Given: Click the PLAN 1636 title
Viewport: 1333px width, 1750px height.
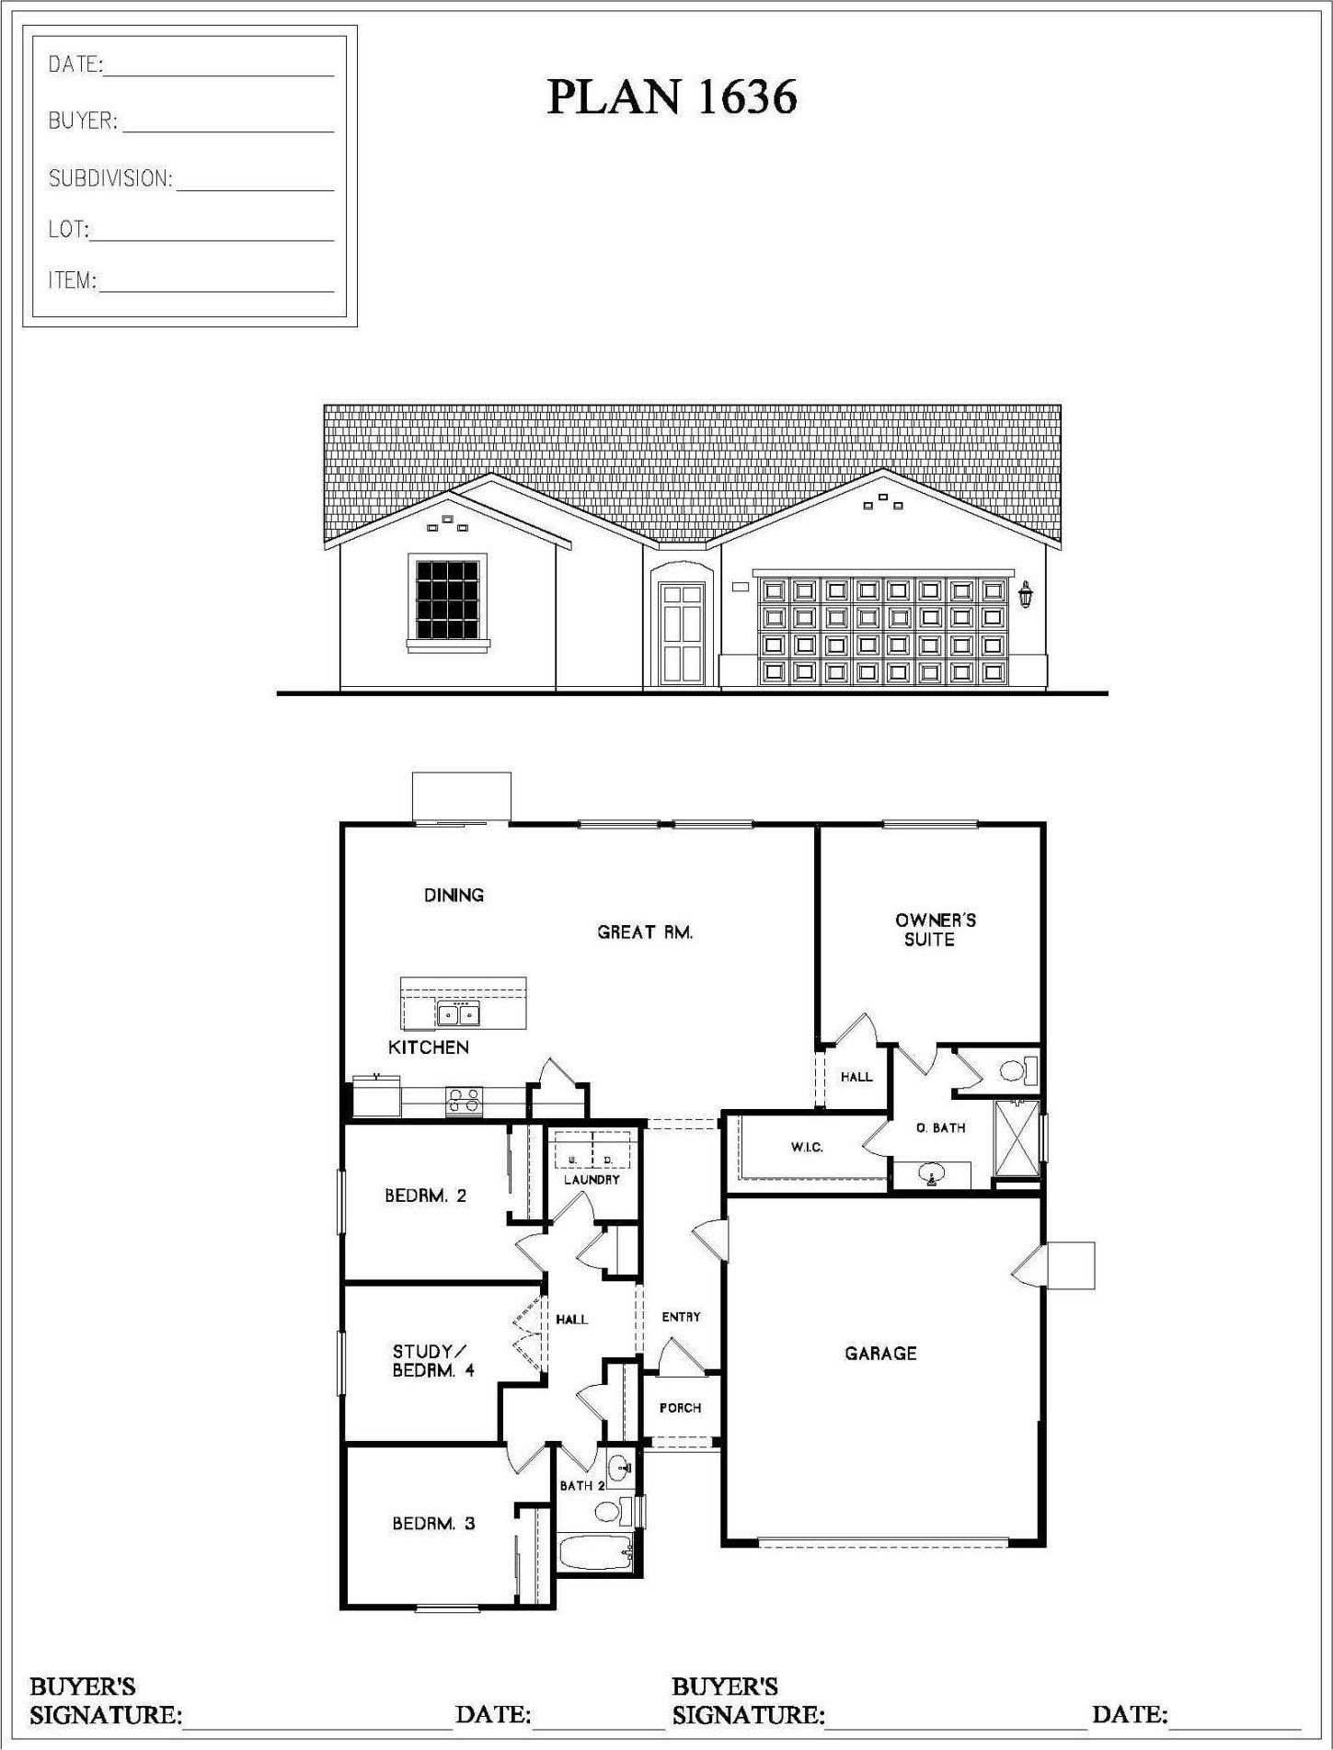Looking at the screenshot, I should pos(672,97).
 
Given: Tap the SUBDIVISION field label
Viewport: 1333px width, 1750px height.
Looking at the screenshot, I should pos(110,178).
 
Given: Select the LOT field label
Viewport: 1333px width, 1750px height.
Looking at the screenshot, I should pos(68,229).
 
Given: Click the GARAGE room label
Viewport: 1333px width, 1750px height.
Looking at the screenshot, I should pos(880,1353).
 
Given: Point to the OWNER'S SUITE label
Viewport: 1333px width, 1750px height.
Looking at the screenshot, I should pos(935,930).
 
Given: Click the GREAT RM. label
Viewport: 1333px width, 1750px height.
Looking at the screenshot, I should pos(645,932).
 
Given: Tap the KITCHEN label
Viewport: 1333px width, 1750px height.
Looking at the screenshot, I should pos(428,1047).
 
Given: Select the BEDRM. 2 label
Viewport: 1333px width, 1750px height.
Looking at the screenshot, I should pos(425,1195).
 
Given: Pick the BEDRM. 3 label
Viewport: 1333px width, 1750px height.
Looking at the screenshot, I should pos(433,1524).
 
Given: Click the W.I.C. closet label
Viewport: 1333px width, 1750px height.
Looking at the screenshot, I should pos(807,1148).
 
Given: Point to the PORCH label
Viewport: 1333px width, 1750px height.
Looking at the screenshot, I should pos(680,1408).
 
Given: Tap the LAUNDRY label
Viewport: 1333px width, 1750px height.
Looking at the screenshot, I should pos(592,1179).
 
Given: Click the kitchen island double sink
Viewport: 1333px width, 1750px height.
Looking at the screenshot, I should pos(458,1014).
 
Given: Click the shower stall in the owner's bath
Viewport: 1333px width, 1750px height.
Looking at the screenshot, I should pos(1016,1138).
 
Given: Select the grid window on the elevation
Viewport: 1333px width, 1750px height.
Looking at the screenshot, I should pos(448,599).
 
